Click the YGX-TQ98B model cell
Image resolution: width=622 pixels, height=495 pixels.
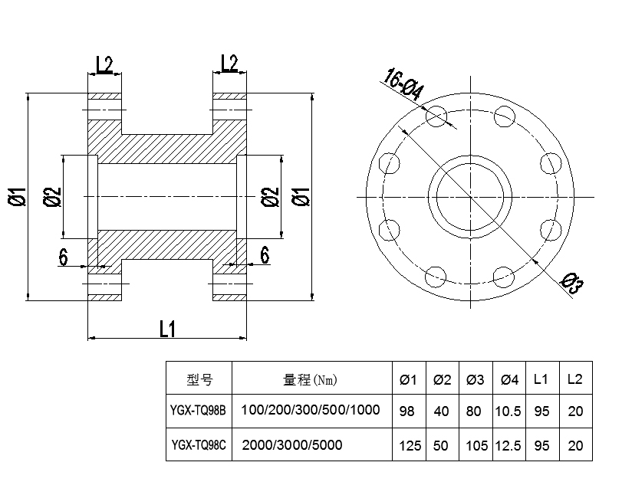click(x=199, y=411)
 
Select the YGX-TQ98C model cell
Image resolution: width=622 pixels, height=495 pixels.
click(x=199, y=444)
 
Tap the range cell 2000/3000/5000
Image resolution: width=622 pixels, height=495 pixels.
click(x=292, y=444)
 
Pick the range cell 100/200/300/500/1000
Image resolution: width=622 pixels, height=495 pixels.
click(x=311, y=410)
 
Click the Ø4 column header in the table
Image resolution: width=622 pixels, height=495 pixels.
click(x=509, y=379)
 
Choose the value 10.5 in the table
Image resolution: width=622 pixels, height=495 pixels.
click(x=509, y=411)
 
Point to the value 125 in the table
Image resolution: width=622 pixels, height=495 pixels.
click(x=410, y=445)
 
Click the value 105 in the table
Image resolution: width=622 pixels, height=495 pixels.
click(x=476, y=445)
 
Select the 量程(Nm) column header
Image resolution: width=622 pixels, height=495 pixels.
click(x=311, y=379)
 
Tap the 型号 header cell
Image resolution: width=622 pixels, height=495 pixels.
click(x=199, y=379)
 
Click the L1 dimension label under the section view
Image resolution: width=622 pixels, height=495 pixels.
click(x=167, y=329)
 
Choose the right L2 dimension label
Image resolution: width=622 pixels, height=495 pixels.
click(x=229, y=64)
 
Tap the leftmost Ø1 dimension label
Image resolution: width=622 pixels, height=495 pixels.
click(x=17, y=197)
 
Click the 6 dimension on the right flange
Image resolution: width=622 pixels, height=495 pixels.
click(x=264, y=255)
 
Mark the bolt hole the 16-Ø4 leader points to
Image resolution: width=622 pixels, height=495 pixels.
click(x=437, y=116)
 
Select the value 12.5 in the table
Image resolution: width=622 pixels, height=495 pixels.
click(x=509, y=445)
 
